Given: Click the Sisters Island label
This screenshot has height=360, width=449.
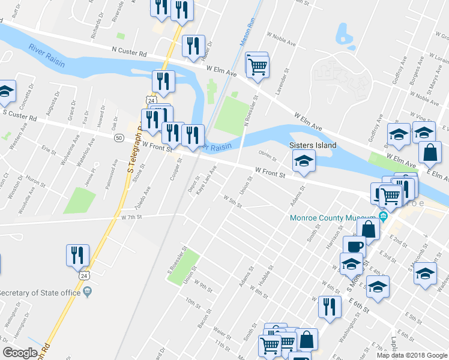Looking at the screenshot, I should [313, 145].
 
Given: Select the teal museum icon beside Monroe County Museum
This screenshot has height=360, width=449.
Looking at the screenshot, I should [382, 217].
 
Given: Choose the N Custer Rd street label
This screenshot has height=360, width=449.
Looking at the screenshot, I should [128, 53].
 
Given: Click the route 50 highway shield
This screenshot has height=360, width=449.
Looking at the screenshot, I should [119, 138].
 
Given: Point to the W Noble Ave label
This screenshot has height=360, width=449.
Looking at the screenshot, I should [283, 43].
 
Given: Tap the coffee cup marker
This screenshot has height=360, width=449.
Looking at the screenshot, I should [354, 246].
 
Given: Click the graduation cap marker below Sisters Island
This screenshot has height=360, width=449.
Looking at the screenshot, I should [304, 161].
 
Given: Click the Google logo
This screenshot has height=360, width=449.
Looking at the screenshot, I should [20, 353].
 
